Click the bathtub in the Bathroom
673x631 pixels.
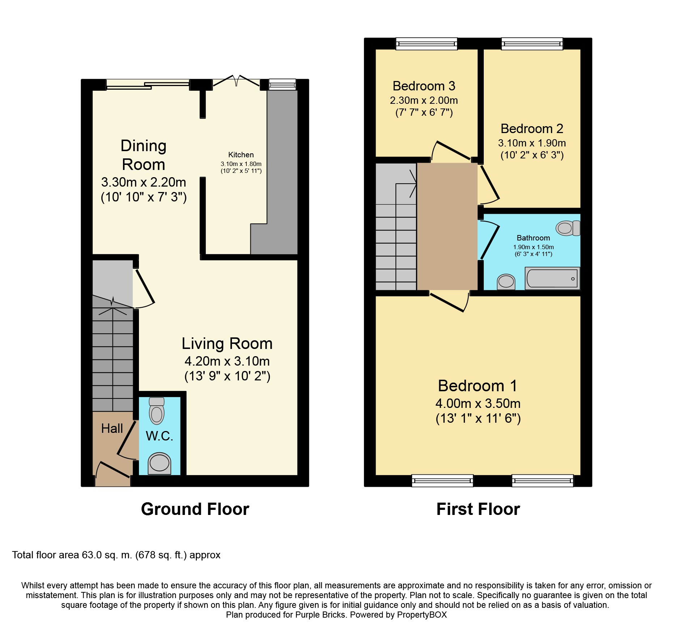click(x=552, y=278)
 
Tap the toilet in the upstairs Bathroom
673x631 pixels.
click(x=568, y=228)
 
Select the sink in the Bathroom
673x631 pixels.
click(x=506, y=282)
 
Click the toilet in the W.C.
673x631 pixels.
click(x=157, y=411)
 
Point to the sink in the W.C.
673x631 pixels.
click(x=160, y=463)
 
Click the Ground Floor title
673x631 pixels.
click(x=195, y=509)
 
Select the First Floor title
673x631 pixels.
click(x=478, y=509)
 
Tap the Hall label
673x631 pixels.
click(x=112, y=429)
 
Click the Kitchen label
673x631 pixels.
click(x=241, y=155)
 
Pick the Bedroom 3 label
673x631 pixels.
click(x=424, y=86)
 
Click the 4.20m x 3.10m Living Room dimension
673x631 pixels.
click(x=227, y=361)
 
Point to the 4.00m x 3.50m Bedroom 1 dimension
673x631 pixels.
click(x=478, y=403)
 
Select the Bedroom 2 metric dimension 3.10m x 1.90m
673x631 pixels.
click(x=532, y=143)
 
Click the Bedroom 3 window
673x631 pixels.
click(x=427, y=44)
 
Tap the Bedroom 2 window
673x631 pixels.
click(x=532, y=44)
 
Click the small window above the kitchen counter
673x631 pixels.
click(x=282, y=85)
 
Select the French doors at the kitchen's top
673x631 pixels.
click(x=236, y=81)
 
